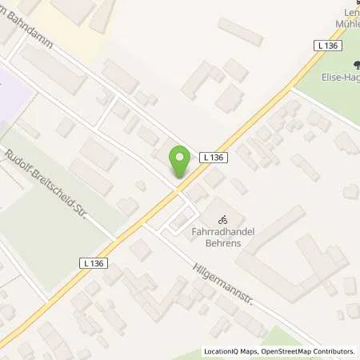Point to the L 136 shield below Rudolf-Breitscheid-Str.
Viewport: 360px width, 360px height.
94,262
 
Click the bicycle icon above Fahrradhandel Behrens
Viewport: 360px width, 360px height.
224,216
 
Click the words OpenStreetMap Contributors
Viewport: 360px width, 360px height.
307,351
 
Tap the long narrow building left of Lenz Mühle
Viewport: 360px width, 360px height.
240,31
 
